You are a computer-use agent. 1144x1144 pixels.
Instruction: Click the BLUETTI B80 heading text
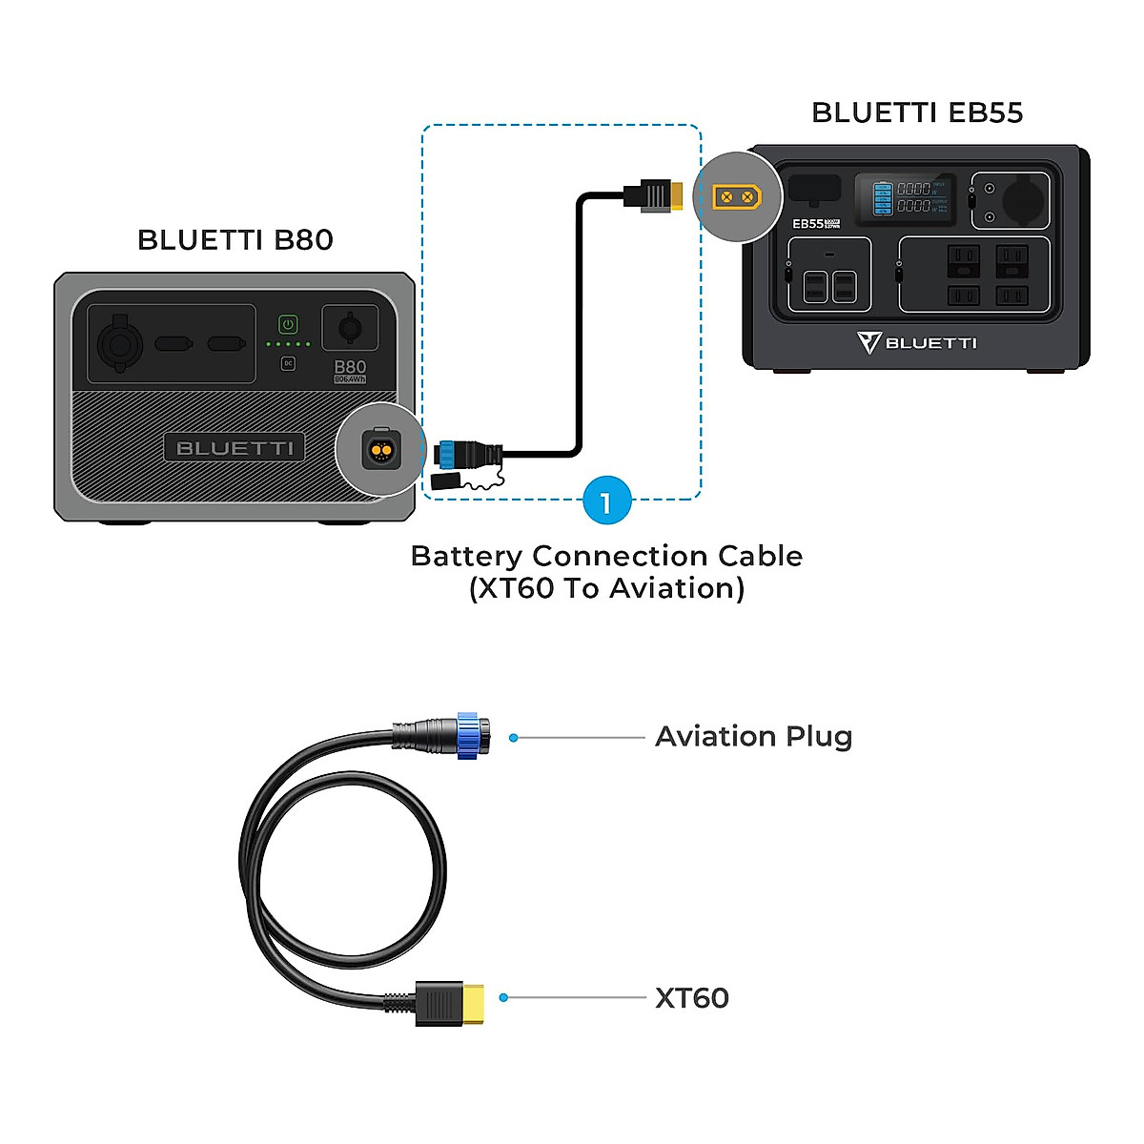coord(235,239)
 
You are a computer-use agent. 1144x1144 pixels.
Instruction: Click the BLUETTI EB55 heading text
coord(917,112)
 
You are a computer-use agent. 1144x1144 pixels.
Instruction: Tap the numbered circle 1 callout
coord(606,500)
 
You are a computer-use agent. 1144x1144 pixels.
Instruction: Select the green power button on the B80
coord(288,324)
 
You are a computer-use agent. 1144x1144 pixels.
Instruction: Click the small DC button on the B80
coord(288,363)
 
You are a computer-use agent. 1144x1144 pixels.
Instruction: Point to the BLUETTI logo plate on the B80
coord(235,448)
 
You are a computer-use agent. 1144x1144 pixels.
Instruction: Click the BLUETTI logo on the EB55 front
coord(917,342)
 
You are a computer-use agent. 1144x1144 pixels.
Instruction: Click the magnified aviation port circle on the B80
coord(380,449)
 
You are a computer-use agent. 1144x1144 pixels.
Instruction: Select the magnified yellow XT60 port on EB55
coord(737,197)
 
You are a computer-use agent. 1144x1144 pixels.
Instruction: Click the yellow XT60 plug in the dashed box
coord(675,196)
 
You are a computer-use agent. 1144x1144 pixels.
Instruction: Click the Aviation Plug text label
coord(753,737)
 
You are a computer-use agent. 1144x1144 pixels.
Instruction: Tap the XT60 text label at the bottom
coord(692,998)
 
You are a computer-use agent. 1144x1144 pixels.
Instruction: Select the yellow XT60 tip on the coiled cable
coord(473,1003)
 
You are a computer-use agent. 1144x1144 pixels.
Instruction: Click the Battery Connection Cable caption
coord(606,571)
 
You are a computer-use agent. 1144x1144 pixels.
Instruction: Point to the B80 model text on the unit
coord(350,367)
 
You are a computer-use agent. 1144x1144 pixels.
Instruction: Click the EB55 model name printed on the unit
coord(808,223)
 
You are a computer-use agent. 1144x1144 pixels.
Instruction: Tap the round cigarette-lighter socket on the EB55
coord(1024,200)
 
